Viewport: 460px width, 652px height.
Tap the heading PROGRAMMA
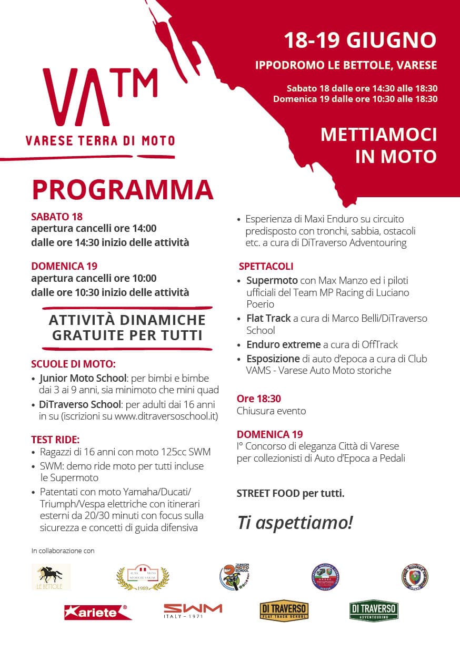[123, 190]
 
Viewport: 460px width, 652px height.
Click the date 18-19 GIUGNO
[360, 40]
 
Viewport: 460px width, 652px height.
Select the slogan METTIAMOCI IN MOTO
[378, 145]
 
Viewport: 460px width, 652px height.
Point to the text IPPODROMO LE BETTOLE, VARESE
[346, 66]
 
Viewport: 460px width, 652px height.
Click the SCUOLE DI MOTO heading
[73, 364]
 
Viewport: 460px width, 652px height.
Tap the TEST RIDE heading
[55, 439]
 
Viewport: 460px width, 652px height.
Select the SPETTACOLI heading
[266, 267]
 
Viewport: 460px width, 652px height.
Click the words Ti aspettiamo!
[295, 522]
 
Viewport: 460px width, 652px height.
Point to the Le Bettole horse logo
[51, 577]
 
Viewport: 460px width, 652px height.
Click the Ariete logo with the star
[98, 612]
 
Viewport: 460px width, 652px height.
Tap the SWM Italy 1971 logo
[193, 611]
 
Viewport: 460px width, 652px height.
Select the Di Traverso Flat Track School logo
[284, 612]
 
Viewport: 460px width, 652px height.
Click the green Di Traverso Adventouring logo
[374, 612]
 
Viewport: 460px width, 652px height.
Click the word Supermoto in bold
[272, 280]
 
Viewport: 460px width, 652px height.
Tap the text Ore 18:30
[259, 399]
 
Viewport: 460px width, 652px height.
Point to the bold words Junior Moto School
[83, 378]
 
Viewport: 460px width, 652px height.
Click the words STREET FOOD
[268, 494]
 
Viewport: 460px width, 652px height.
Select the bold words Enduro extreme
[283, 345]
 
